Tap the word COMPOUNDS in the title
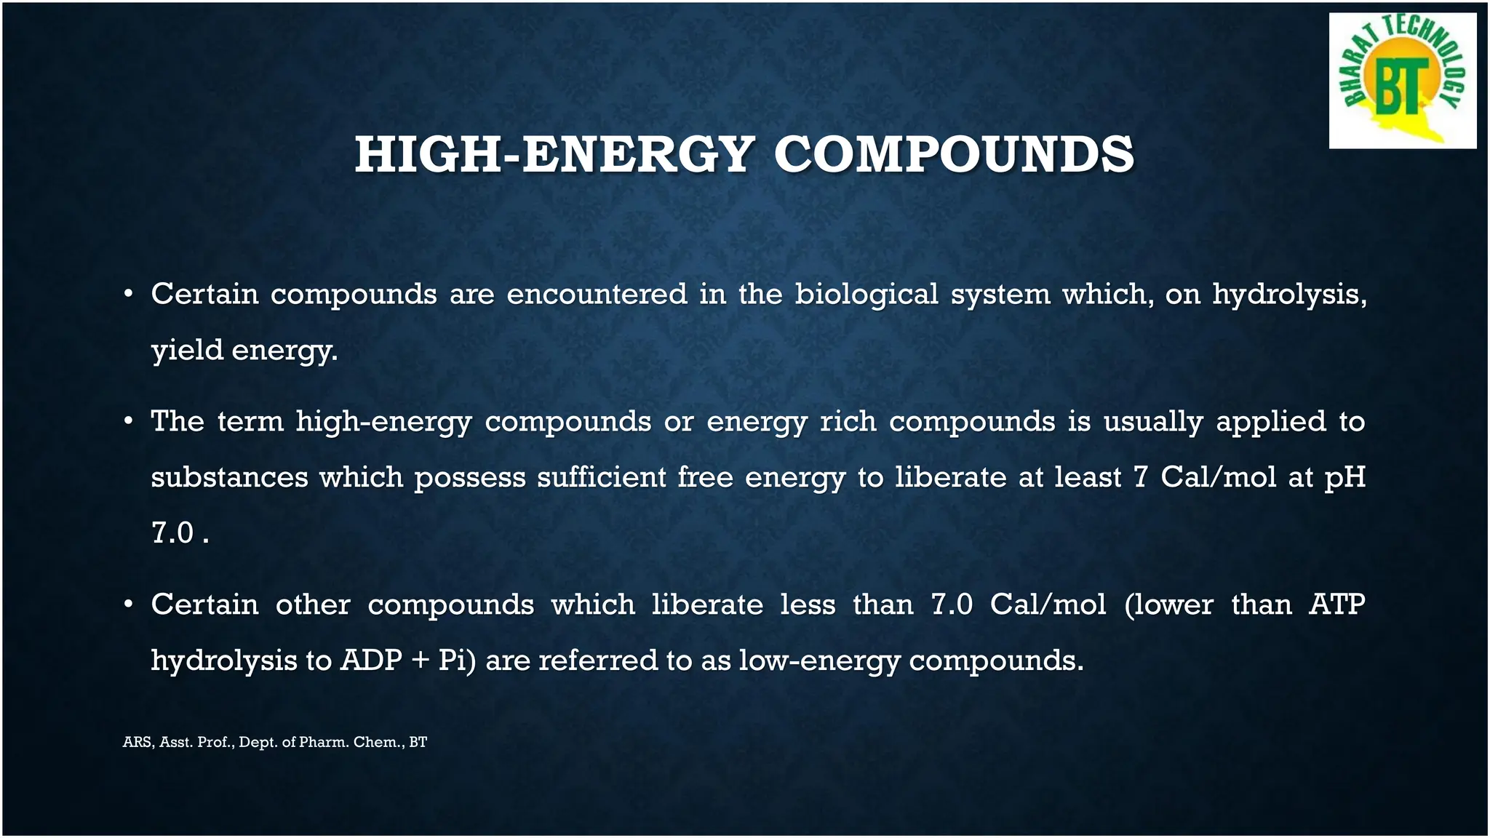(x=953, y=155)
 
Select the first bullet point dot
(x=128, y=295)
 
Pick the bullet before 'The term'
(x=128, y=422)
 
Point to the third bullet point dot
(x=128, y=605)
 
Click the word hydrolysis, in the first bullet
(x=1289, y=295)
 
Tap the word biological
(x=866, y=295)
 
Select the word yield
(x=187, y=351)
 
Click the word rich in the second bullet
(x=848, y=422)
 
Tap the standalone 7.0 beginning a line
(x=172, y=533)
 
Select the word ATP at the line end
(x=1336, y=605)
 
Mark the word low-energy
(x=818, y=661)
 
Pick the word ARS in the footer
(x=137, y=743)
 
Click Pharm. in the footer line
(x=323, y=743)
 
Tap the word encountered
(x=597, y=295)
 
